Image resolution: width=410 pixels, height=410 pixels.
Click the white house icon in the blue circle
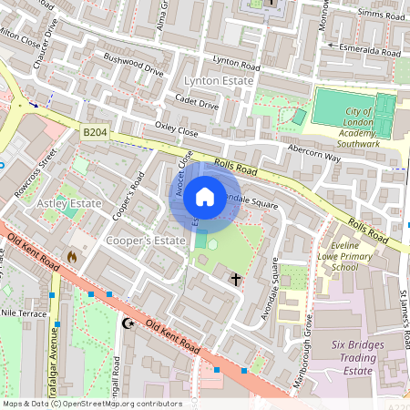[205, 196]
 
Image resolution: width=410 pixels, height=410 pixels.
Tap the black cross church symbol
[236, 279]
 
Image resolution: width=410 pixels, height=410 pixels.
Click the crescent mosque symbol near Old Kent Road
[128, 323]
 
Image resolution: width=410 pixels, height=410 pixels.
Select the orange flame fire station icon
[72, 257]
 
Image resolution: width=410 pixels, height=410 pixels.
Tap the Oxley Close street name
[176, 130]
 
